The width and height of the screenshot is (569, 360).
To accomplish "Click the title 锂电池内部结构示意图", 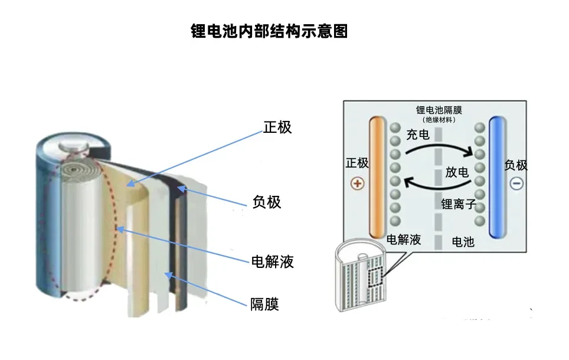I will click(x=269, y=31).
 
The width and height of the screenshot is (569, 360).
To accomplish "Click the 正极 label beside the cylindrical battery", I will click(x=277, y=127).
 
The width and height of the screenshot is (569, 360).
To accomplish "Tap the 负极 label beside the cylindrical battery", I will click(x=267, y=202).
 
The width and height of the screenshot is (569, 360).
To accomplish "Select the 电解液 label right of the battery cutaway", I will click(x=272, y=261).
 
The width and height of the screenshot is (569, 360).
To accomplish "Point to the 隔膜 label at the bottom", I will click(x=264, y=305).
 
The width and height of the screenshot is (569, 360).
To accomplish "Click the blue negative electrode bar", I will click(x=498, y=177).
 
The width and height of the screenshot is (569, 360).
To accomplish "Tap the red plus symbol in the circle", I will click(x=357, y=183).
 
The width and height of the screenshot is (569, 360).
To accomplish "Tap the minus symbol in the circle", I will click(x=516, y=183).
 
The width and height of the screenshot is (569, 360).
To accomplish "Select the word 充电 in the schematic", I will click(x=418, y=135).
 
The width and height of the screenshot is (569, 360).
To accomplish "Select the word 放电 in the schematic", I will click(x=457, y=172).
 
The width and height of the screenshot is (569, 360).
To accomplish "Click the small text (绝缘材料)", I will click(x=439, y=120).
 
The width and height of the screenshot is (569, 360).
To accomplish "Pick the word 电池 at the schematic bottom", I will click(x=463, y=241).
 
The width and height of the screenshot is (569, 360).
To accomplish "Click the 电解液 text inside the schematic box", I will click(x=404, y=240).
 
